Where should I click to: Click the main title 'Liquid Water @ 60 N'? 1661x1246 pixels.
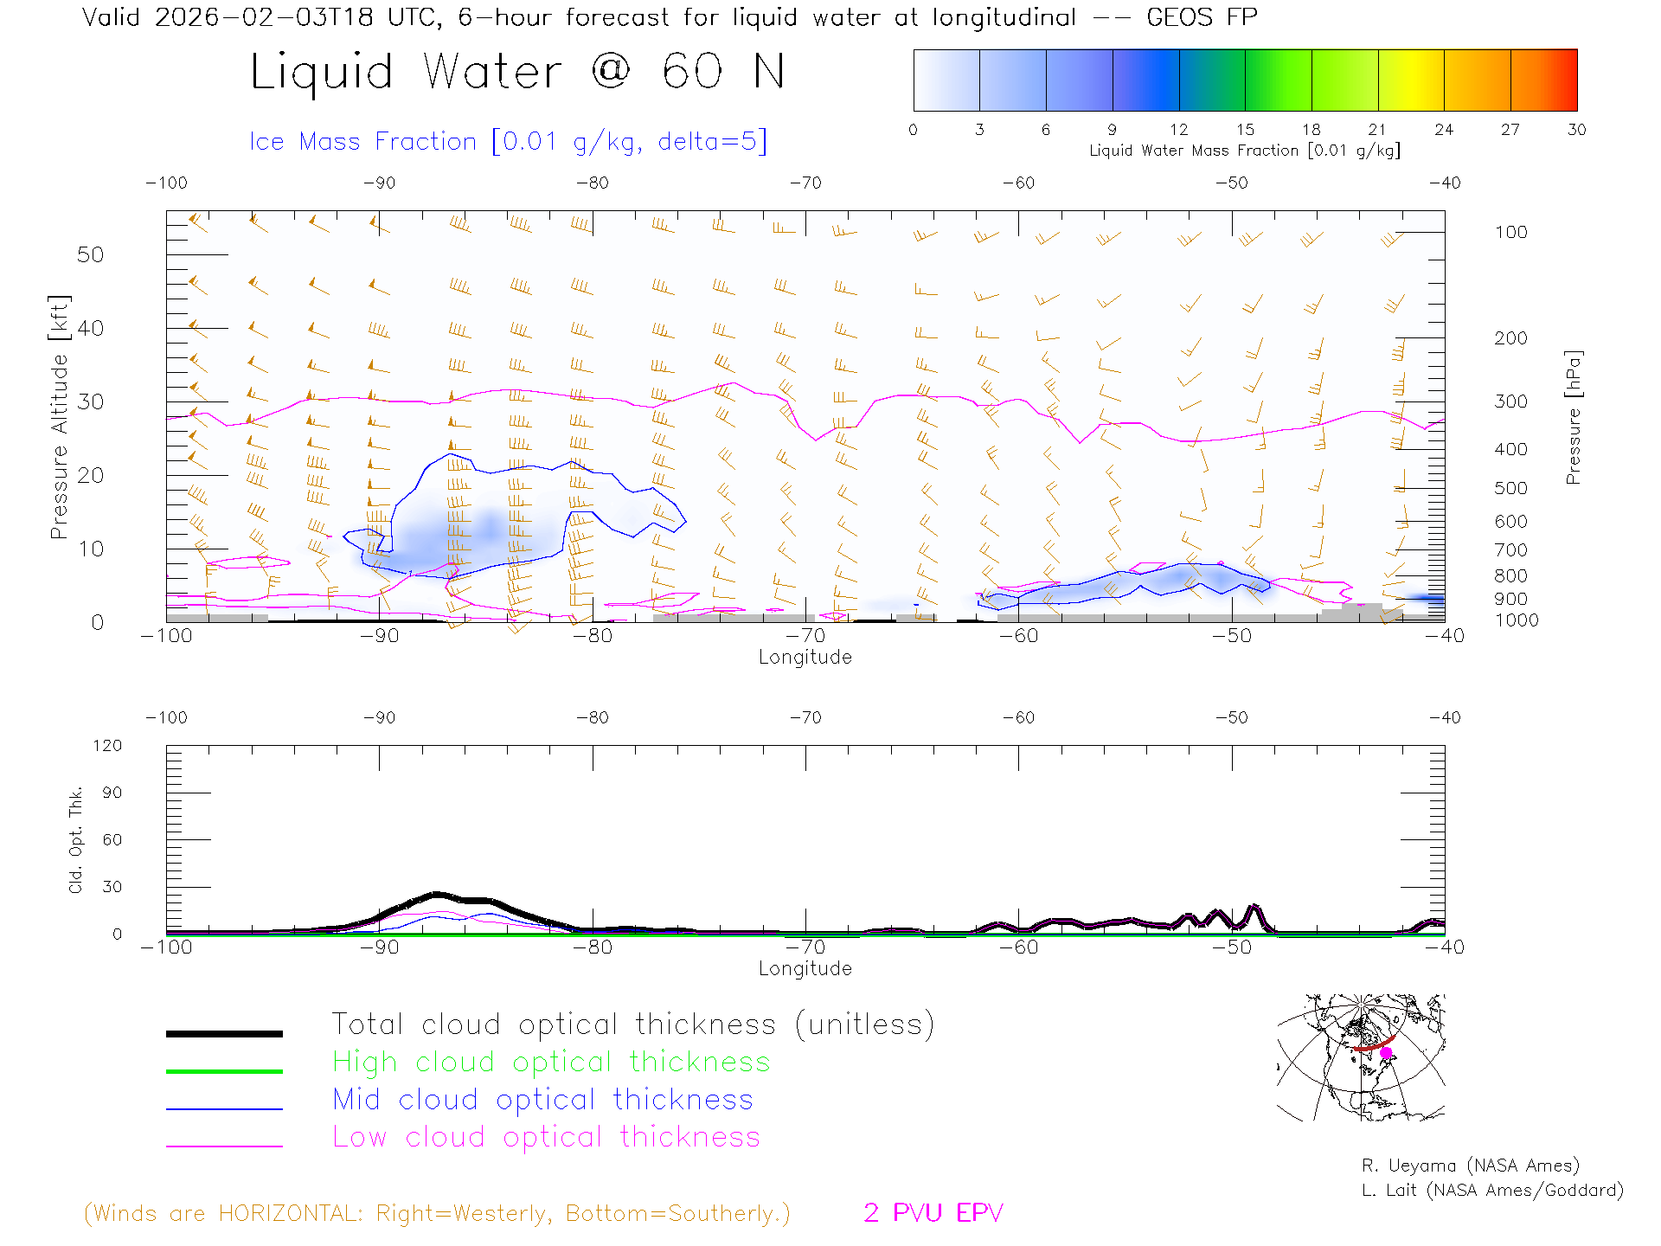517,72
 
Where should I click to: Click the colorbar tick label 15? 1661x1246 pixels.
1245,130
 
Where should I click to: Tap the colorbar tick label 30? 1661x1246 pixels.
1576,130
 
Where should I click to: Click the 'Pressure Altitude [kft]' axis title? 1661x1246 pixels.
59,417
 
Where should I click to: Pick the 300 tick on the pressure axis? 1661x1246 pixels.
1510,401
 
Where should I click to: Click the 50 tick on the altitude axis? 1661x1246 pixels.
90,254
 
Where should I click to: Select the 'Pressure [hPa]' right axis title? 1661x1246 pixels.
1573,417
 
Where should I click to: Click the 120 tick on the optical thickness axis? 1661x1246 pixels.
107,746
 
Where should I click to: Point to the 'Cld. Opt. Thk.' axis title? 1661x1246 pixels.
76,839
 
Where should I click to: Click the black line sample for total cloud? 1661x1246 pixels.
224,1033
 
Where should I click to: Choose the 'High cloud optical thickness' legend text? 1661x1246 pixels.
551,1062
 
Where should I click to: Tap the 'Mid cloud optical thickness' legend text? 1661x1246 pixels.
542,1100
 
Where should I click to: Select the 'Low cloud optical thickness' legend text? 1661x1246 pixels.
546,1137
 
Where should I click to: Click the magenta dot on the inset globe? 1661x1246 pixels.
1386,1053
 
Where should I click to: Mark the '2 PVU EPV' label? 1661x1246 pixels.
933,1213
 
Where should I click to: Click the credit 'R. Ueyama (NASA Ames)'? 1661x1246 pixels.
1470,1166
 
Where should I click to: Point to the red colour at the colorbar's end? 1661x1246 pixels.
1571,80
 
